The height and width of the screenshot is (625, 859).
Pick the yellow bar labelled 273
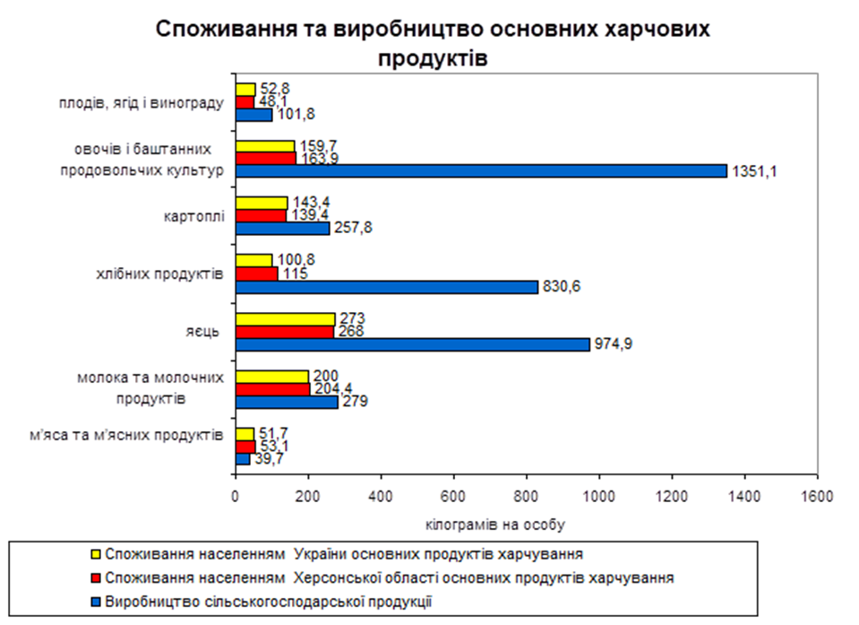(285, 319)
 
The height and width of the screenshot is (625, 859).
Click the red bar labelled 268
(284, 332)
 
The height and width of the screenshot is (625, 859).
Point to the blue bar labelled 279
(286, 402)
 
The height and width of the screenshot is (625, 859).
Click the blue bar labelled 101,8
(253, 115)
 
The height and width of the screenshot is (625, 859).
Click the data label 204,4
(332, 389)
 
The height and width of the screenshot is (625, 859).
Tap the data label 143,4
(308, 203)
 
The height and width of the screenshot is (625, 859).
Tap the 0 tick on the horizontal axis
(236, 495)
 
